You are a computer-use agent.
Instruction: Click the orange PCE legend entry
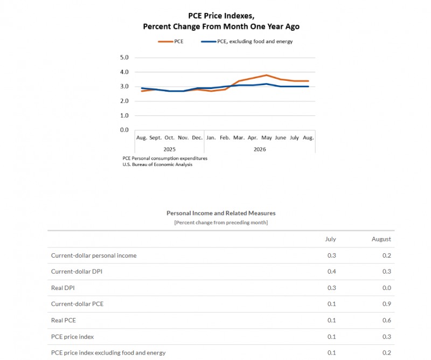tap(171, 41)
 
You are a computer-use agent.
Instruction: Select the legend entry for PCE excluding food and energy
tap(247, 41)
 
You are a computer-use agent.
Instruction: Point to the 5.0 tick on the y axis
tap(124, 58)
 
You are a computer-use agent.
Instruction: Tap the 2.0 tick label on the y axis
tap(124, 101)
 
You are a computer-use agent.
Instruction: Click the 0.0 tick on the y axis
tap(124, 130)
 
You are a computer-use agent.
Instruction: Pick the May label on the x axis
tap(266, 137)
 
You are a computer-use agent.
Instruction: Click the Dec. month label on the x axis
tap(197, 137)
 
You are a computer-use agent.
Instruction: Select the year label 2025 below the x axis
tap(169, 149)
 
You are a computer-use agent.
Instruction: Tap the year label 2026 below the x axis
tap(260, 149)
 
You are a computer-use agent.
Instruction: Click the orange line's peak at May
tap(266, 75)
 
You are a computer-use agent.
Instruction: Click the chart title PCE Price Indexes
tap(221, 16)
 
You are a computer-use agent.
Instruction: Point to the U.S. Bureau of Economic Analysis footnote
tap(157, 164)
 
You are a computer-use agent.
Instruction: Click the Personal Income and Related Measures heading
tap(221, 213)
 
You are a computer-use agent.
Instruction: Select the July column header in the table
tap(330, 239)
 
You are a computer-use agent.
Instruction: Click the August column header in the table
tap(381, 239)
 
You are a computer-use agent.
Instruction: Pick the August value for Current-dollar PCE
tap(386, 304)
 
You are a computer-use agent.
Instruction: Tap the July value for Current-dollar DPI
tap(331, 272)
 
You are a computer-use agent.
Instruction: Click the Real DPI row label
tap(63, 288)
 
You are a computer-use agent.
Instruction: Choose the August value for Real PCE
tap(386, 320)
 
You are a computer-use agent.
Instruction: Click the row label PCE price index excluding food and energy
tap(108, 352)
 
